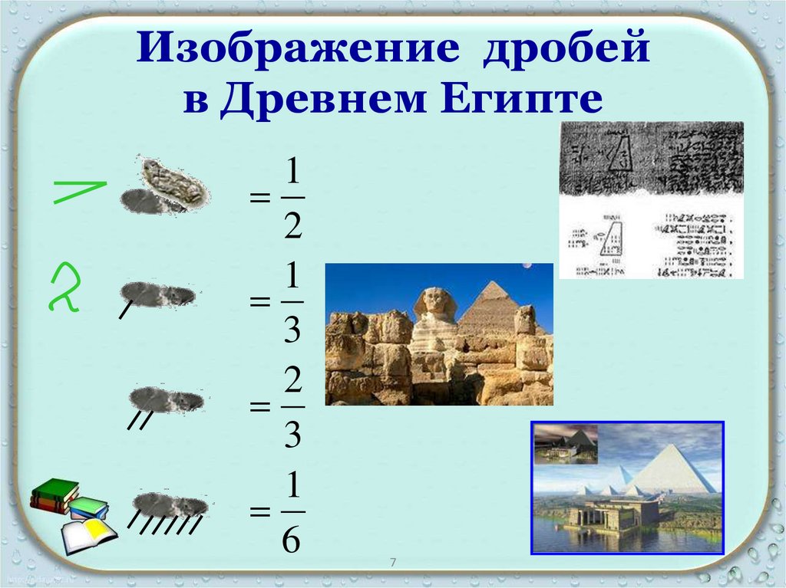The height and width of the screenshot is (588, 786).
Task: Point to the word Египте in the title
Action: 529,100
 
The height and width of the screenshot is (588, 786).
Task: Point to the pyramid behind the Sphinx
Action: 491,307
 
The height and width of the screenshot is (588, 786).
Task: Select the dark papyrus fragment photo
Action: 650,157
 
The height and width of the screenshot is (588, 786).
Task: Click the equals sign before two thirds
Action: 260,408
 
